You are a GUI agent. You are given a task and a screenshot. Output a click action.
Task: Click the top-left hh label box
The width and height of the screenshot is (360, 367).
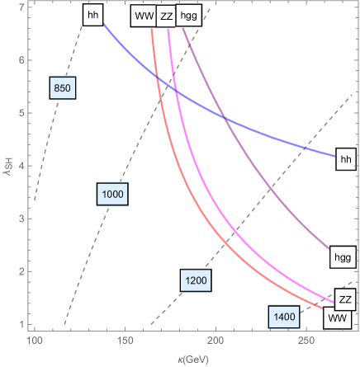93,15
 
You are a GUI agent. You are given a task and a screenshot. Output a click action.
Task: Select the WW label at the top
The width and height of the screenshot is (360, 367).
143,16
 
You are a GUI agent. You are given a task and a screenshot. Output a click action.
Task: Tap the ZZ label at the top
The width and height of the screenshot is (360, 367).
167,16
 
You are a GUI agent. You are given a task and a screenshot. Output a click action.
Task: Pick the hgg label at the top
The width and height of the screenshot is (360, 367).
191,16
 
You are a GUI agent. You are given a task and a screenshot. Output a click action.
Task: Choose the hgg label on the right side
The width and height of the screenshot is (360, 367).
342,257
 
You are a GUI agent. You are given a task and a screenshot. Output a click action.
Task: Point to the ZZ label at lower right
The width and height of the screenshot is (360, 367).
346,299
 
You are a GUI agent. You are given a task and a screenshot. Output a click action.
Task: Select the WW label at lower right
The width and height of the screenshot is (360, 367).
337,317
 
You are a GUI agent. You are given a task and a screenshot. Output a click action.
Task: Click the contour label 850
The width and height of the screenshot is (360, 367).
63,89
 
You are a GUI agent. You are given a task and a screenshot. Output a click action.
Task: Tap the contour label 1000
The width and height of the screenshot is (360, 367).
111,194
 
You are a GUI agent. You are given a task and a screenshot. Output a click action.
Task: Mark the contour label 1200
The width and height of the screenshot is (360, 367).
196,281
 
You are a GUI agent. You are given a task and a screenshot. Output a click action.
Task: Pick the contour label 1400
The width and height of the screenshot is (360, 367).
284,317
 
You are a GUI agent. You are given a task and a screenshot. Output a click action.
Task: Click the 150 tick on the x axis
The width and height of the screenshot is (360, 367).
125,341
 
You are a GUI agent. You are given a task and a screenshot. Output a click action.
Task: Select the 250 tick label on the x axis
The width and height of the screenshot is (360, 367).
306,341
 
